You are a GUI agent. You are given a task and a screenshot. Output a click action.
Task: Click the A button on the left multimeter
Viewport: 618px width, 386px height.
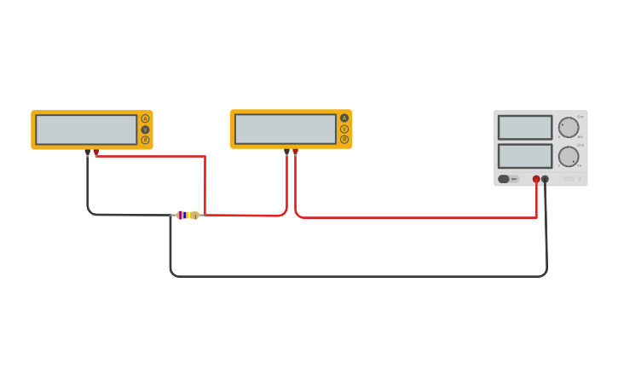145,118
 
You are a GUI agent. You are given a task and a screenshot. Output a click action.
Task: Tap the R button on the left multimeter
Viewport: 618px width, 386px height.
145,140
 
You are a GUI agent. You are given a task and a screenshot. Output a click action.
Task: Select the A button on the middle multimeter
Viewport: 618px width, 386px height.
344,118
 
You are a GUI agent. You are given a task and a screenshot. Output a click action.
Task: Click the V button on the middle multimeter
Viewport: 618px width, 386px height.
344,129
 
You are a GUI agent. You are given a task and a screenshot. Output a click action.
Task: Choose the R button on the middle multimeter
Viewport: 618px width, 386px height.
344,139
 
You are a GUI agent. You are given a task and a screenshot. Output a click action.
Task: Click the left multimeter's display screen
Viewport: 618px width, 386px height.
86,130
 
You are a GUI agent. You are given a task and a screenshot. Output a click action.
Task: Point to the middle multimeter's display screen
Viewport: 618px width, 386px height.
286,129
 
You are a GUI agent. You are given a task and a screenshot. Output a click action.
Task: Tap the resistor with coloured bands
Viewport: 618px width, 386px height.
188,215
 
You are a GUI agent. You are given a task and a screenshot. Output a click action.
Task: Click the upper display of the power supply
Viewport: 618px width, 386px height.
525,127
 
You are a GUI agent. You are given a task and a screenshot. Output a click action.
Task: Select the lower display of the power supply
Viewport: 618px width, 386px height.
525,156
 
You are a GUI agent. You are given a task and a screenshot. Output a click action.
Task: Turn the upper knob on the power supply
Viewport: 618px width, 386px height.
569,128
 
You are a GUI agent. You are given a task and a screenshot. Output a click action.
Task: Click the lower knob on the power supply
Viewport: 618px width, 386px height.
569,157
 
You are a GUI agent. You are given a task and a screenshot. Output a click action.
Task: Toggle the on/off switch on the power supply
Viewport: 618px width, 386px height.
504,179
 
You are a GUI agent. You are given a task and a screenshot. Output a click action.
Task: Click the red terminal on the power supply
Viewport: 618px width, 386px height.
536,179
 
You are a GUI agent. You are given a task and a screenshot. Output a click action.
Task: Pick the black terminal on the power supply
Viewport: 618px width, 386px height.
546,179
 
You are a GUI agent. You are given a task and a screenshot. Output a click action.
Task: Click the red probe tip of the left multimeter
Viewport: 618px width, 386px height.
96,153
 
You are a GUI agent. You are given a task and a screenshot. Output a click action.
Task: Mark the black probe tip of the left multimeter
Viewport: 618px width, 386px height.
88,153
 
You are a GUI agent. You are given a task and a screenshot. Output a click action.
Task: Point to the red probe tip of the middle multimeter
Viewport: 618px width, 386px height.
295,152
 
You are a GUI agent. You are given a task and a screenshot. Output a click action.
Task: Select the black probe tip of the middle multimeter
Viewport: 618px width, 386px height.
286,152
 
